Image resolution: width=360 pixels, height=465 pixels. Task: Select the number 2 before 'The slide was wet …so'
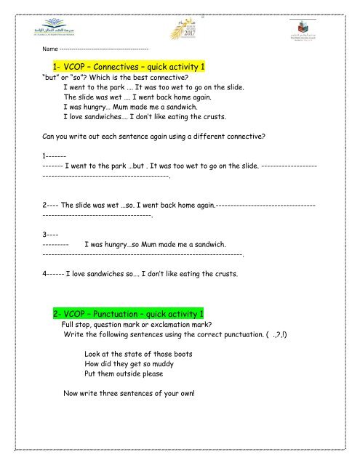tap(46, 205)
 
